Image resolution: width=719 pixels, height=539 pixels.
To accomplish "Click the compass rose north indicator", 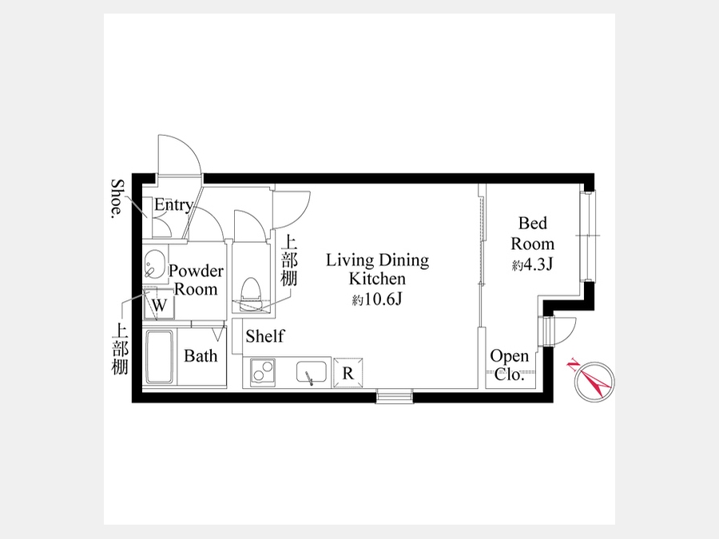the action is pos(594,382).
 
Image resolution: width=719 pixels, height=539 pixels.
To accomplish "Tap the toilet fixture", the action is pos(250,293).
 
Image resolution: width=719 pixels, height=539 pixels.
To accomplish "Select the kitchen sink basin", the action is pos(312,371).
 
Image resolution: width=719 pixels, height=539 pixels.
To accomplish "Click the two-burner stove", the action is pos(263,371).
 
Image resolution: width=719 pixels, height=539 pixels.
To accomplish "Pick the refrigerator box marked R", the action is pos(348,373).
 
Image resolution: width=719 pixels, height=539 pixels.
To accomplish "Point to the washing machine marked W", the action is pos(159,304).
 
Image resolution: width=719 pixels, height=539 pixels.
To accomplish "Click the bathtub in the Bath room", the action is pos(160,357).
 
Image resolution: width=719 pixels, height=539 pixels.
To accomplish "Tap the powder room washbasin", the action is pos(155,264).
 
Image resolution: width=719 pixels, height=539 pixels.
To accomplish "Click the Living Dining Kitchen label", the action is pos(377,270).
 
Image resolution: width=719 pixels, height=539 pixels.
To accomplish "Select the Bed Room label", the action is pos(532,233).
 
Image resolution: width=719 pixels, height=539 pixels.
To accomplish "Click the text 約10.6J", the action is pos(377,299).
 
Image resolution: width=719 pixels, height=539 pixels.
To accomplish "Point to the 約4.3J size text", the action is pos(532,264).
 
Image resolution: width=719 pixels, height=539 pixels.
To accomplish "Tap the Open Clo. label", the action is pos(509,365).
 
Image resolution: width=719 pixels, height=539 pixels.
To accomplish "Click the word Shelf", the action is pos(264,336).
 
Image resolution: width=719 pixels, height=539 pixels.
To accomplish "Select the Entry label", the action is pos(173,205).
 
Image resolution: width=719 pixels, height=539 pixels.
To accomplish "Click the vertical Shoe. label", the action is pos(118,199).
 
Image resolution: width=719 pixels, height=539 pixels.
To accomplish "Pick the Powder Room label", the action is pos(196,280).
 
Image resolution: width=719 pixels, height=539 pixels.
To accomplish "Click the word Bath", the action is pos(201,355).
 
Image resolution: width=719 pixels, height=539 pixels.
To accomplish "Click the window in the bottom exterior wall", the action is pos(395,395).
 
